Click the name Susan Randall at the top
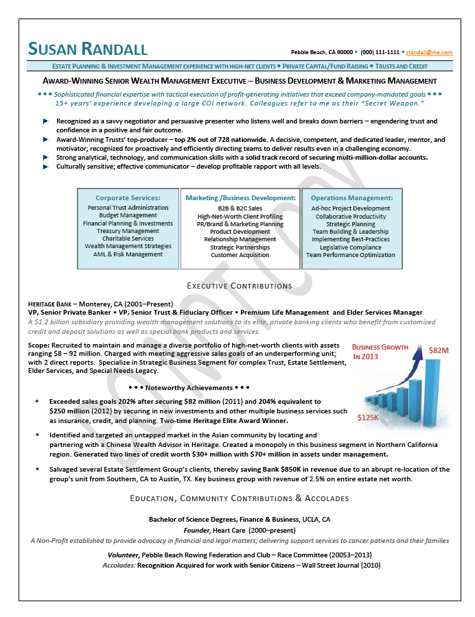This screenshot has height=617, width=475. [x=87, y=49]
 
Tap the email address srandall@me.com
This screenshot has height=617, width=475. [x=429, y=52]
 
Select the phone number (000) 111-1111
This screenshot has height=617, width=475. [x=380, y=52]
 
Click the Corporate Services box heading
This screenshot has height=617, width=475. [x=128, y=198]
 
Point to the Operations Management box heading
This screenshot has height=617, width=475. [x=351, y=198]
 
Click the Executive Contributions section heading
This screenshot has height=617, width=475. [x=240, y=285]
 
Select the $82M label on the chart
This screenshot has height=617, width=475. [x=439, y=350]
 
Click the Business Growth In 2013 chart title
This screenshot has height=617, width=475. [x=380, y=352]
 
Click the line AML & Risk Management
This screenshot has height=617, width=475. [x=128, y=254]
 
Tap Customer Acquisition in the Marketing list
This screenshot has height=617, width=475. [x=240, y=254]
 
